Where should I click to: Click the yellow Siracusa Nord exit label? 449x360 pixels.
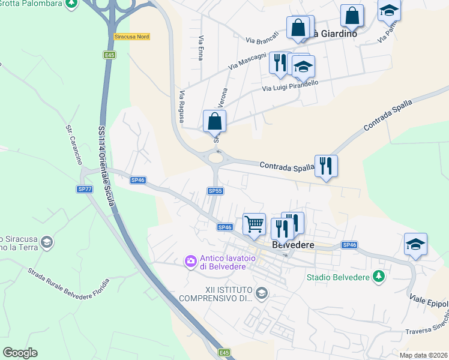[131, 37]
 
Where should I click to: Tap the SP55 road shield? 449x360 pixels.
[215, 191]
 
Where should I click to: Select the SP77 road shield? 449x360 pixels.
[85, 189]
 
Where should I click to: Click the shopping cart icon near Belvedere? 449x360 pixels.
[254, 224]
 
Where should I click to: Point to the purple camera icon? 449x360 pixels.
[191, 260]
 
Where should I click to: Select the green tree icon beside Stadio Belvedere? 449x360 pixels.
[378, 276]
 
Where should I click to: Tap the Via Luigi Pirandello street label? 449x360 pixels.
[291, 85]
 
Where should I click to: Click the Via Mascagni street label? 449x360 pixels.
[247, 58]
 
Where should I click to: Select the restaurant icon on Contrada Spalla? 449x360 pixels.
[326, 166]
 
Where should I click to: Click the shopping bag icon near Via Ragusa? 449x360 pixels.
[214, 121]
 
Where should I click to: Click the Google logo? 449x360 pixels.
[20, 353]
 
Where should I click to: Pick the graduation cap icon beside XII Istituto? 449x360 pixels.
[261, 293]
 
